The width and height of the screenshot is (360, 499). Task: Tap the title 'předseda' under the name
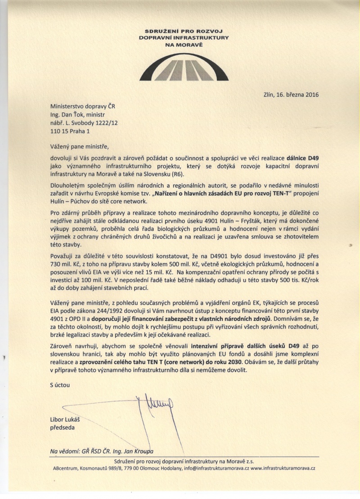63,427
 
